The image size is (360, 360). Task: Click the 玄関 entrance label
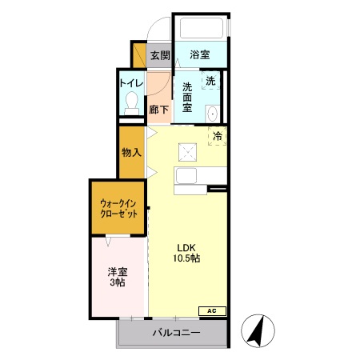160,55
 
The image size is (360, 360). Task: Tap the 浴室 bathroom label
200,55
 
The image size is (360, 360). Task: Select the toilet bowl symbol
133,102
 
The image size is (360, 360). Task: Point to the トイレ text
131,82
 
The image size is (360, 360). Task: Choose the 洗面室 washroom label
188,97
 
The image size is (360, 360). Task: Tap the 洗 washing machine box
210,81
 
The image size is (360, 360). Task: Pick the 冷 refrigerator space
217,136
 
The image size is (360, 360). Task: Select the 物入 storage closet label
131,152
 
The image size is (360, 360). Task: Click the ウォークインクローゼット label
118,209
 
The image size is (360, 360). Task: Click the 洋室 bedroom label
118,271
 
